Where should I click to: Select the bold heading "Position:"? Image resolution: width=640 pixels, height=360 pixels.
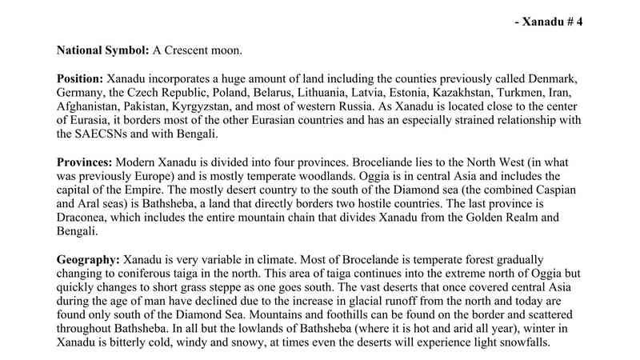click(x=80, y=81)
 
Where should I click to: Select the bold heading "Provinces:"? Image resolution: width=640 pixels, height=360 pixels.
click(x=86, y=161)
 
